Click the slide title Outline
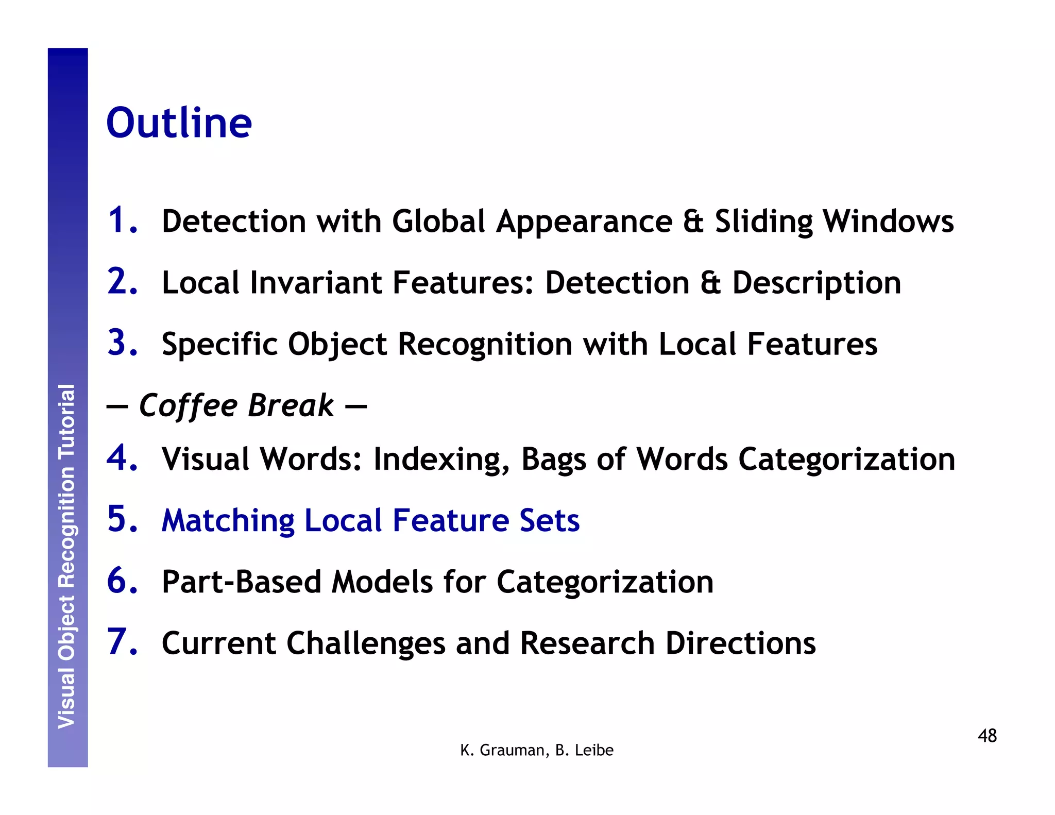[x=179, y=123]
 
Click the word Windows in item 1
[x=888, y=221]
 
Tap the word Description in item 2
[x=816, y=284]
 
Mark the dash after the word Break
[x=355, y=406]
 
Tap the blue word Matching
[x=228, y=521]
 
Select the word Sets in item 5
[x=549, y=520]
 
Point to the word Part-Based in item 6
[x=241, y=582]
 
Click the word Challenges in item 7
[x=366, y=643]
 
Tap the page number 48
[x=987, y=736]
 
